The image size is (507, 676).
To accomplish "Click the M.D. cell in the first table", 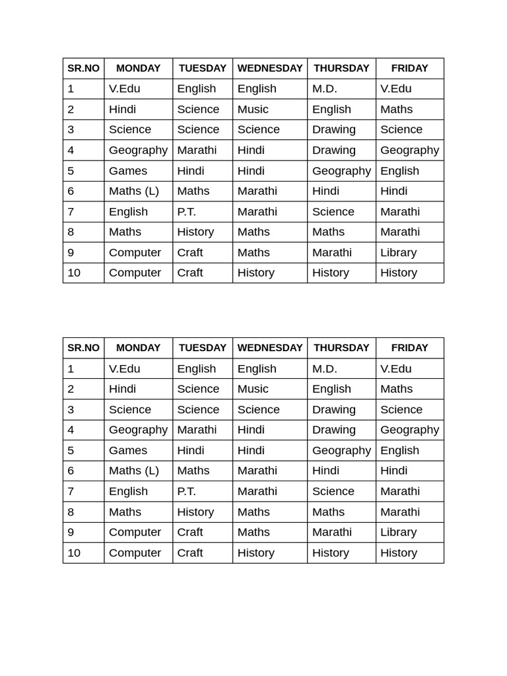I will [325, 88].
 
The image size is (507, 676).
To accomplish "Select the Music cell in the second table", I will [253, 389].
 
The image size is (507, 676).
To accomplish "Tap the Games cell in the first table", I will [128, 170].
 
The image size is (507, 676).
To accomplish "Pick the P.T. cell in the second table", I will [187, 491].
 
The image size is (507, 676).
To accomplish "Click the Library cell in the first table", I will [399, 252].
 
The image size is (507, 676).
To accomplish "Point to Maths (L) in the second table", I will [134, 471].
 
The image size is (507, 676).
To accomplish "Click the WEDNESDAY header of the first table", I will [270, 68].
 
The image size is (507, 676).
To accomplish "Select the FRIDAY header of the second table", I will [409, 348].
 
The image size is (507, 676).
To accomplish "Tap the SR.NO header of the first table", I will [83, 68].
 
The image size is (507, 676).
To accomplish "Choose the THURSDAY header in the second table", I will [341, 348].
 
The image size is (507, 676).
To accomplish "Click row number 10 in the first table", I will [74, 273].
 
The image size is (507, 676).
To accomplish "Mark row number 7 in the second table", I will [71, 491].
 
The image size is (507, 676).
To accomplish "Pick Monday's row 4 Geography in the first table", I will [138, 150].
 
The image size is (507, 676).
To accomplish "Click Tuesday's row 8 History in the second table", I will [195, 512].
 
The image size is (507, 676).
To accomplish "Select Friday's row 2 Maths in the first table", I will [397, 109].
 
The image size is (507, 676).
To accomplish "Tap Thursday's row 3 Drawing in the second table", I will [334, 409].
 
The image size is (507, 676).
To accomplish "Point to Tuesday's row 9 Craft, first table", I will [190, 252].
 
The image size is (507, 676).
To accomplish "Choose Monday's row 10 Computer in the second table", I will [135, 553].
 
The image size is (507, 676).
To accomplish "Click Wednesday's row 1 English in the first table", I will [257, 88].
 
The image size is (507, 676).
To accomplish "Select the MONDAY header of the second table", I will [138, 348].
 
